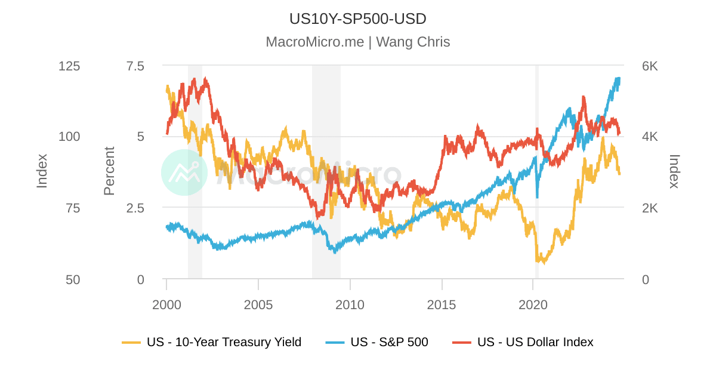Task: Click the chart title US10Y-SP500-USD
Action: coord(357,19)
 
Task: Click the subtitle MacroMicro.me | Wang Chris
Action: coord(357,42)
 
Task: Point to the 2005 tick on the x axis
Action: coord(258,305)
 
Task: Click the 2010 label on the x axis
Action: coord(350,305)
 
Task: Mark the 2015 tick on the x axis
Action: coord(442,305)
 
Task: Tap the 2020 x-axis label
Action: coord(533,305)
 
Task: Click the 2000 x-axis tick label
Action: coord(166,305)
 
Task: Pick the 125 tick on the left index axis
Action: coord(69,66)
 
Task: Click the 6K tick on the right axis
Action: coord(650,66)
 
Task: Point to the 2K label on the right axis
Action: coord(650,208)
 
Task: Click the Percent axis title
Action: coord(109,171)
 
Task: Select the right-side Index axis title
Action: coord(674,171)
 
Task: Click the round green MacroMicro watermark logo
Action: coord(184,172)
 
